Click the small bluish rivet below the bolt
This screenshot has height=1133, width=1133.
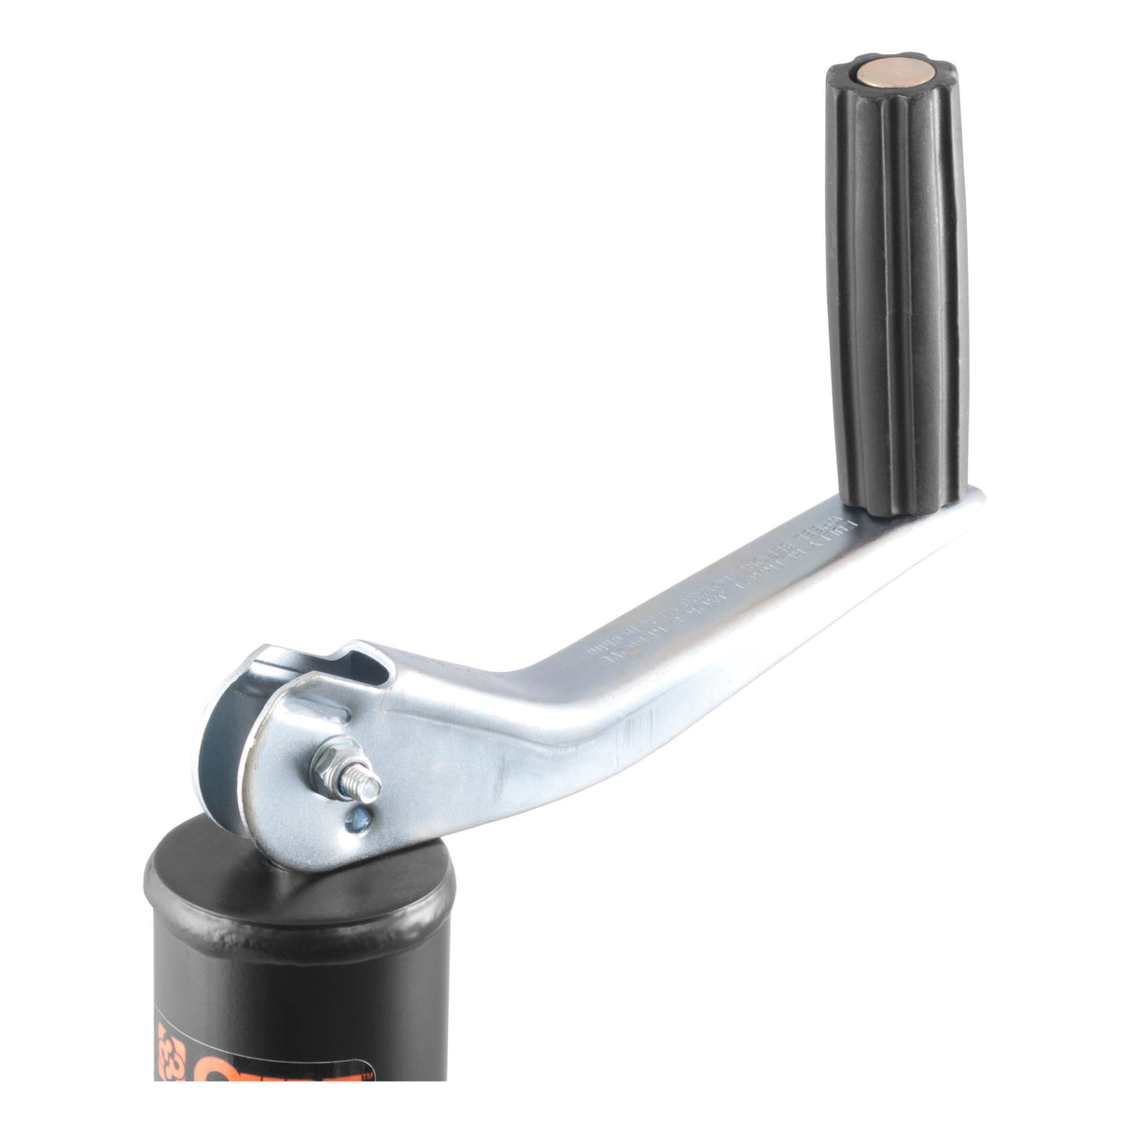(x=355, y=821)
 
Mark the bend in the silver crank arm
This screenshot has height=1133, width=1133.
(x=523, y=691)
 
